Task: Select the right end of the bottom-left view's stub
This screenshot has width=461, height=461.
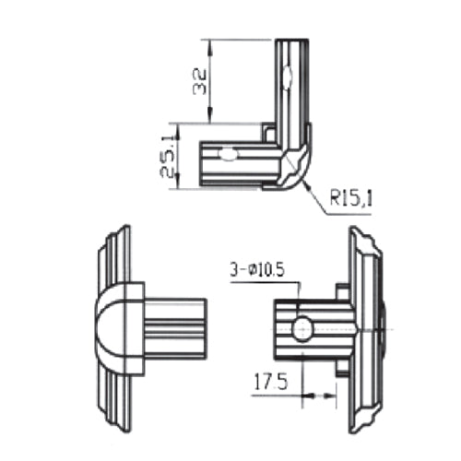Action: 205,328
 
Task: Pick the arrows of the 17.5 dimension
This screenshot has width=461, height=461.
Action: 313,395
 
